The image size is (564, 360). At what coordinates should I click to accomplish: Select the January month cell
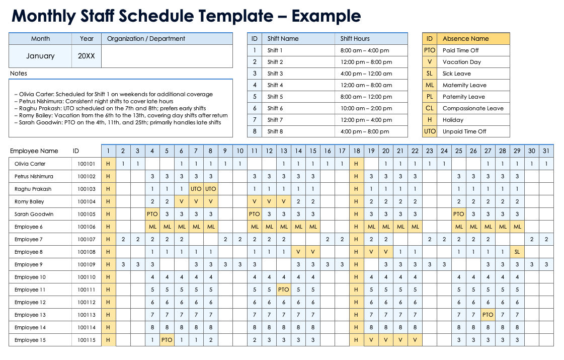click(x=40, y=56)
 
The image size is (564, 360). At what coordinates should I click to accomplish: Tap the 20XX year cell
click(x=86, y=56)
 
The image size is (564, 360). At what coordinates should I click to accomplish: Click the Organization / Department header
click(x=146, y=39)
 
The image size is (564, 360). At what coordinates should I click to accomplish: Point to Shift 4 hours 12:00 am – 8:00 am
click(x=365, y=85)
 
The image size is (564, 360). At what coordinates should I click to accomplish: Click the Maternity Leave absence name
click(x=464, y=85)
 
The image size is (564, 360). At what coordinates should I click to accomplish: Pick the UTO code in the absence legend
click(x=430, y=131)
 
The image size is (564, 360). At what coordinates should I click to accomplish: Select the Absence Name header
click(x=465, y=39)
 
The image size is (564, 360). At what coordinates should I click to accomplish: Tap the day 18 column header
click(x=356, y=151)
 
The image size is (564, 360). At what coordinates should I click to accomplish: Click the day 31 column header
click(x=546, y=151)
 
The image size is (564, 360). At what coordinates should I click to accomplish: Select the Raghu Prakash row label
click(x=33, y=189)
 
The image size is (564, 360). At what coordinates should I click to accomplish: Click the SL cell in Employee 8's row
click(x=517, y=252)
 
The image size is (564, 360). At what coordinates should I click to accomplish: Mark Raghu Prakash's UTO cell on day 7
click(x=196, y=189)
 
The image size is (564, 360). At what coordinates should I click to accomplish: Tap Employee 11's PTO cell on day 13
click(x=283, y=290)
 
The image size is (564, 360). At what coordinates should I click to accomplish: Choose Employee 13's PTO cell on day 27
click(x=488, y=315)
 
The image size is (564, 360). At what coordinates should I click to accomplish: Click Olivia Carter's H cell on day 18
click(x=356, y=164)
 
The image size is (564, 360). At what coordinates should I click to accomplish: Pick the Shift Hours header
click(x=355, y=39)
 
